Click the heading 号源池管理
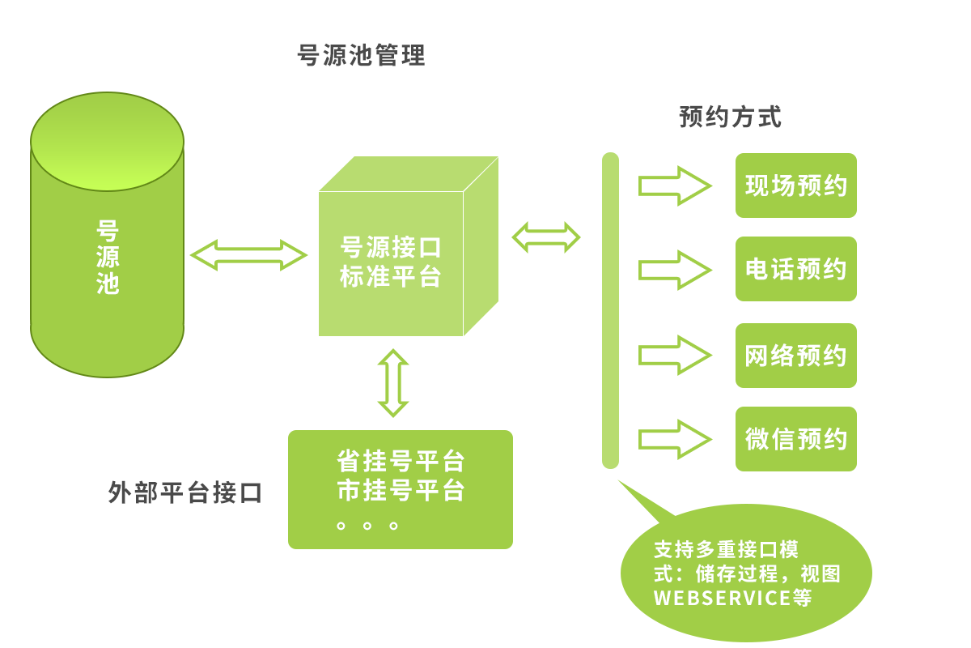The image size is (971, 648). (x=362, y=57)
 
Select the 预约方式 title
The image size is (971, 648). (x=730, y=117)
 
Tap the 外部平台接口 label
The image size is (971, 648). (x=185, y=493)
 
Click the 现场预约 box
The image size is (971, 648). (x=795, y=185)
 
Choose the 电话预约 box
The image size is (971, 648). (x=795, y=269)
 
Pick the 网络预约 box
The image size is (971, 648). (x=795, y=355)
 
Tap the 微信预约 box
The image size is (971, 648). (x=795, y=439)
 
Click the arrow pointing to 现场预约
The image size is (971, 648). (x=674, y=185)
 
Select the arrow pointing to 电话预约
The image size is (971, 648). (x=674, y=270)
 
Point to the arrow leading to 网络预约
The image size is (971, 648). (x=674, y=355)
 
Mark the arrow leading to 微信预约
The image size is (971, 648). (x=674, y=439)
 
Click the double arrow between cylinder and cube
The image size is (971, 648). (x=248, y=255)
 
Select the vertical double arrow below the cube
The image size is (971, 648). (x=393, y=382)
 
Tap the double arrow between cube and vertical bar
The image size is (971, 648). (x=546, y=237)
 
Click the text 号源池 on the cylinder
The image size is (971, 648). (x=107, y=257)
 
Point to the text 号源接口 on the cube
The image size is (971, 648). (x=391, y=247)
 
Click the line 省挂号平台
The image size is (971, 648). (x=401, y=462)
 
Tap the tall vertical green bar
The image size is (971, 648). (x=610, y=310)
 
